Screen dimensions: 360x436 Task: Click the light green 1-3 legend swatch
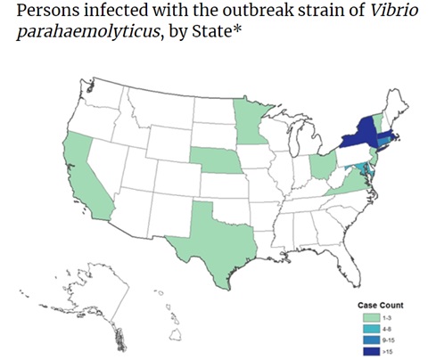click(x=366, y=316)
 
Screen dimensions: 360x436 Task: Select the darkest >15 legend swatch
click(x=366, y=348)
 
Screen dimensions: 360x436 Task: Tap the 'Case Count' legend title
click(x=375, y=304)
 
